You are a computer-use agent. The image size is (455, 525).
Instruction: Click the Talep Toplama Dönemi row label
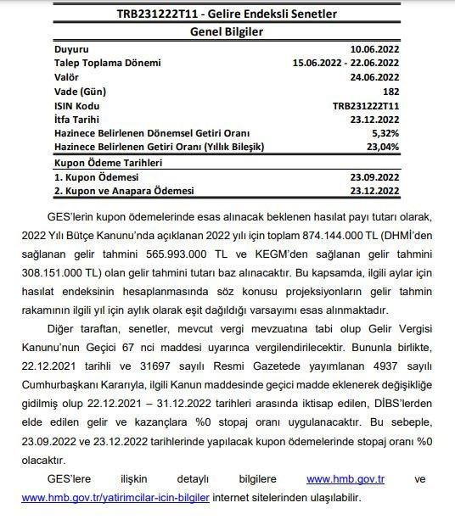pos(107,63)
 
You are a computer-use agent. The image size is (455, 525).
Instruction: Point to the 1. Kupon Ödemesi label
pos(95,176)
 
